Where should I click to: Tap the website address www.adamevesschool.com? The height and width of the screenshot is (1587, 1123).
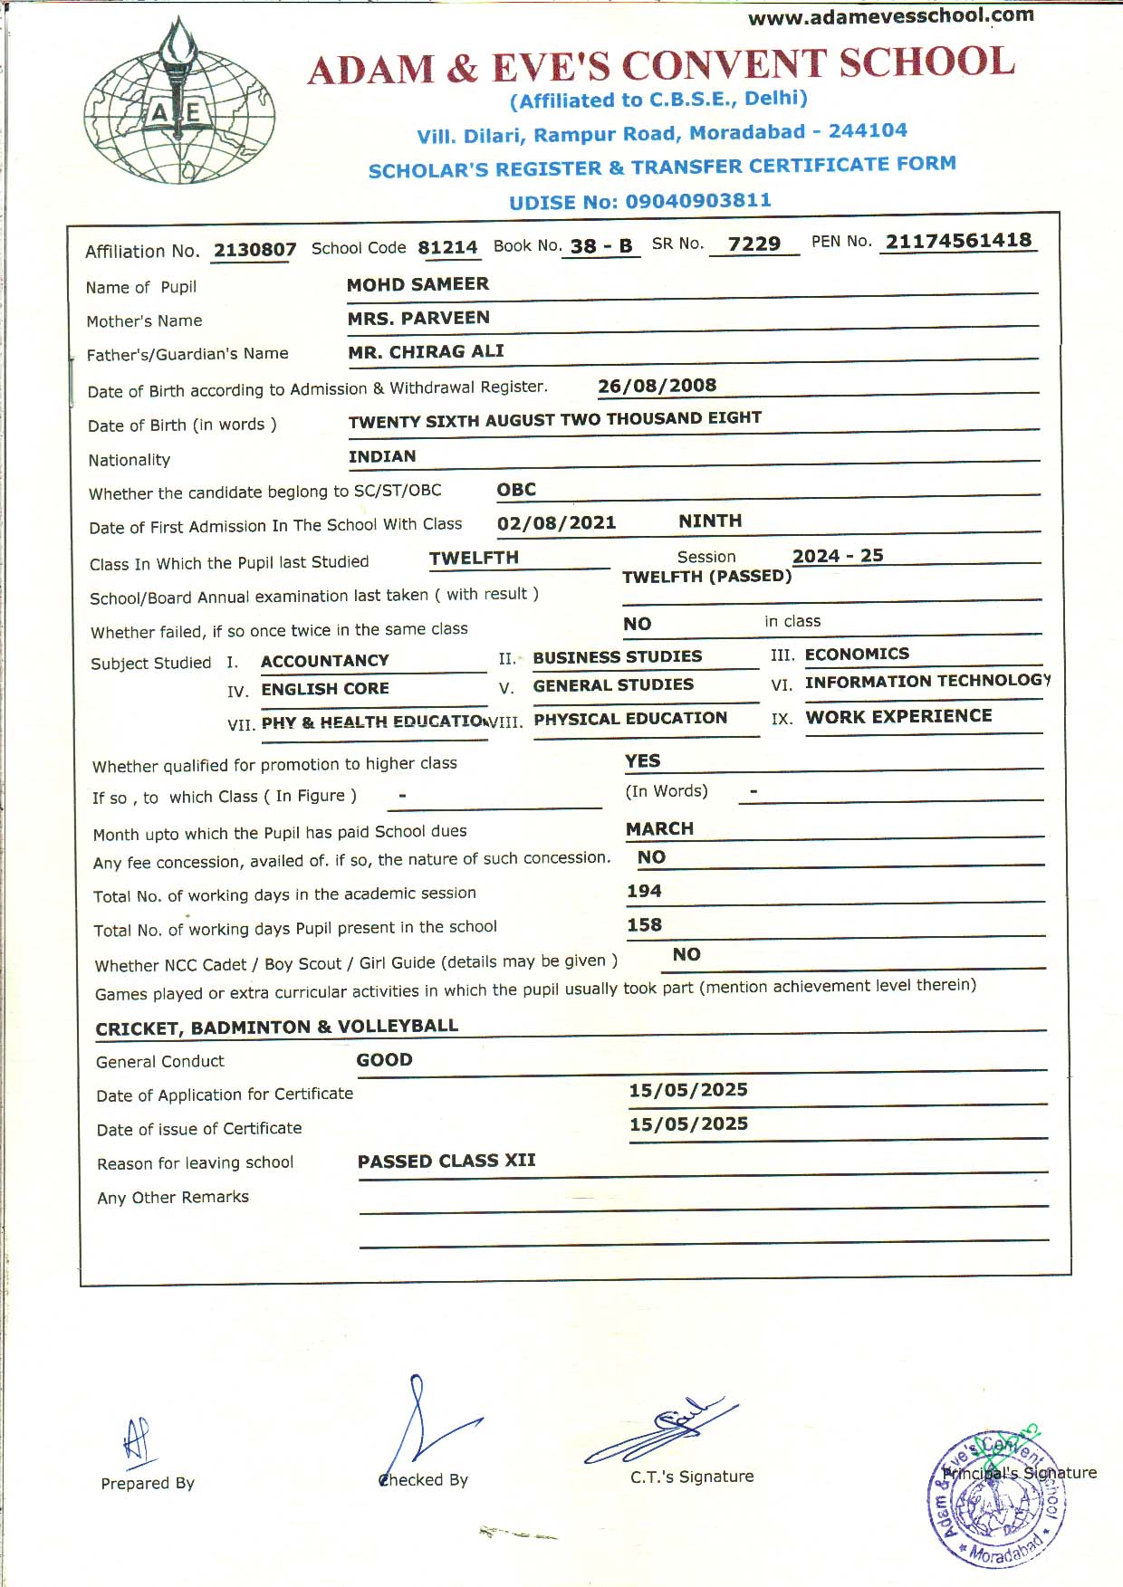(890, 16)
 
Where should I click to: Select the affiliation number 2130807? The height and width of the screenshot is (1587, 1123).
(254, 250)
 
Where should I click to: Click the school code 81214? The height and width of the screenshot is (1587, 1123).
(447, 247)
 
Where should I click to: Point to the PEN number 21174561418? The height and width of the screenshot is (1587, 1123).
(958, 241)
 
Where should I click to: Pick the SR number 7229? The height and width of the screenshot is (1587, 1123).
(753, 244)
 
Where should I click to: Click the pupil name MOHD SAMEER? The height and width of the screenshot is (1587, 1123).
(418, 284)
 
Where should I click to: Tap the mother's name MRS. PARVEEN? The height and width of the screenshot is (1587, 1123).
(418, 318)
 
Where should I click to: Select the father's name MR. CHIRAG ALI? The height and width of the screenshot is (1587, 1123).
(426, 351)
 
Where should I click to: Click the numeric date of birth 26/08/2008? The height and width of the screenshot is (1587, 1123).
(657, 386)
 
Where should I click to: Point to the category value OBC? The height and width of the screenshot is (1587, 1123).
(516, 490)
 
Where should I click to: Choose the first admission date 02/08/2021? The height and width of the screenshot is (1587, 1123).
(556, 522)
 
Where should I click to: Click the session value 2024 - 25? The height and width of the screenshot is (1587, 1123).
(838, 556)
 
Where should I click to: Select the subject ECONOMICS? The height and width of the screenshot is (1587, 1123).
(857, 654)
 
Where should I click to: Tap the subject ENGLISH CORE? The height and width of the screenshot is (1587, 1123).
(325, 689)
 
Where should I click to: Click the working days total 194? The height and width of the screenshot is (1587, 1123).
(644, 891)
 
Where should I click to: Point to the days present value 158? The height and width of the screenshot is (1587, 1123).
(644, 924)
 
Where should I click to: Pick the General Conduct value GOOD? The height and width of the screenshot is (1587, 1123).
(384, 1059)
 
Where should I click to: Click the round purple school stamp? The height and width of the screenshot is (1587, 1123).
(996, 1499)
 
